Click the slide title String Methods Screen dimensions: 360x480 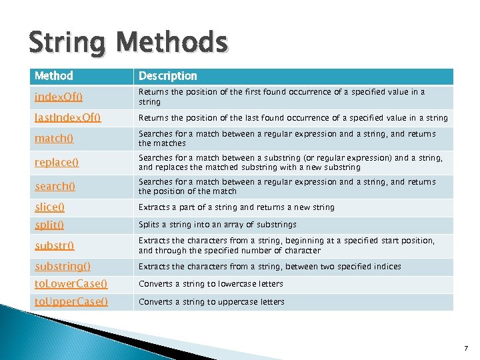pyautogui.click(x=128, y=43)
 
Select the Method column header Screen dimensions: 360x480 pyautogui.click(x=54, y=76)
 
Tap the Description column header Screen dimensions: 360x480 pyautogui.click(x=168, y=76)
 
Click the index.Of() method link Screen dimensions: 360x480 pyautogui.click(x=59, y=97)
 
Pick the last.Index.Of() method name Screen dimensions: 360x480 pyautogui.click(x=67, y=118)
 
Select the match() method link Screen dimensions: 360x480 pyautogui.click(x=54, y=139)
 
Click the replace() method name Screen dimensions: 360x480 pyautogui.click(x=57, y=163)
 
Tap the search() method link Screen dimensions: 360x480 pyautogui.click(x=55, y=187)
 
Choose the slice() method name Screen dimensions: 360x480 pyautogui.click(x=50, y=207)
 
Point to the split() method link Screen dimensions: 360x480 pyautogui.click(x=49, y=225)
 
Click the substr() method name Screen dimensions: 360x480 pyautogui.click(x=55, y=245)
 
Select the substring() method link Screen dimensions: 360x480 pyautogui.click(x=63, y=267)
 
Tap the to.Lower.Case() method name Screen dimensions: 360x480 pyautogui.click(x=71, y=284)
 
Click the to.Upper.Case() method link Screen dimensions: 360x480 pyautogui.click(x=71, y=302)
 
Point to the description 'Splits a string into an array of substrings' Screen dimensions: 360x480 pyautogui.click(x=217, y=225)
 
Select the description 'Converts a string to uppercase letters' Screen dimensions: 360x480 pyautogui.click(x=211, y=302)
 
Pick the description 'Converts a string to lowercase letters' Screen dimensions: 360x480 pyautogui.click(x=211, y=284)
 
